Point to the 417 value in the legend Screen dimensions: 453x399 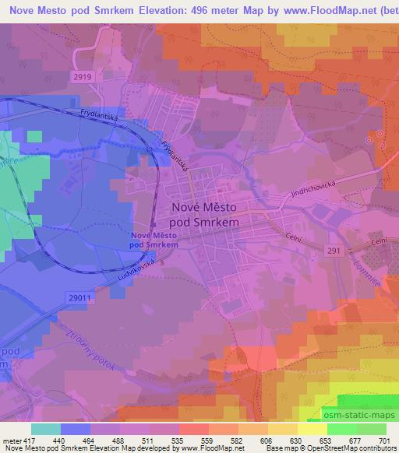tap(30, 441)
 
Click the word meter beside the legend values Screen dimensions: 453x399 tap(11, 441)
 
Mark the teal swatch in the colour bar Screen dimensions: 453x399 tap(45, 429)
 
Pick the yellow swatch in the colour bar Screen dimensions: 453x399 tap(311, 429)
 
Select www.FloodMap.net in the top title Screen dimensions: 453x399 tap(311, 9)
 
